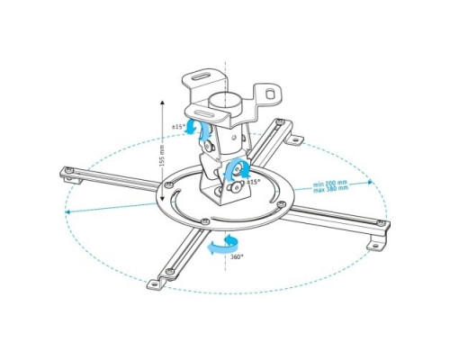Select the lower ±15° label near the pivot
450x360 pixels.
(255, 182)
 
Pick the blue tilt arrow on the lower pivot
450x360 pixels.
(237, 166)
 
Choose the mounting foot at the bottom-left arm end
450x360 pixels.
(156, 283)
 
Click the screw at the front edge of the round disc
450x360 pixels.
(206, 221)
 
